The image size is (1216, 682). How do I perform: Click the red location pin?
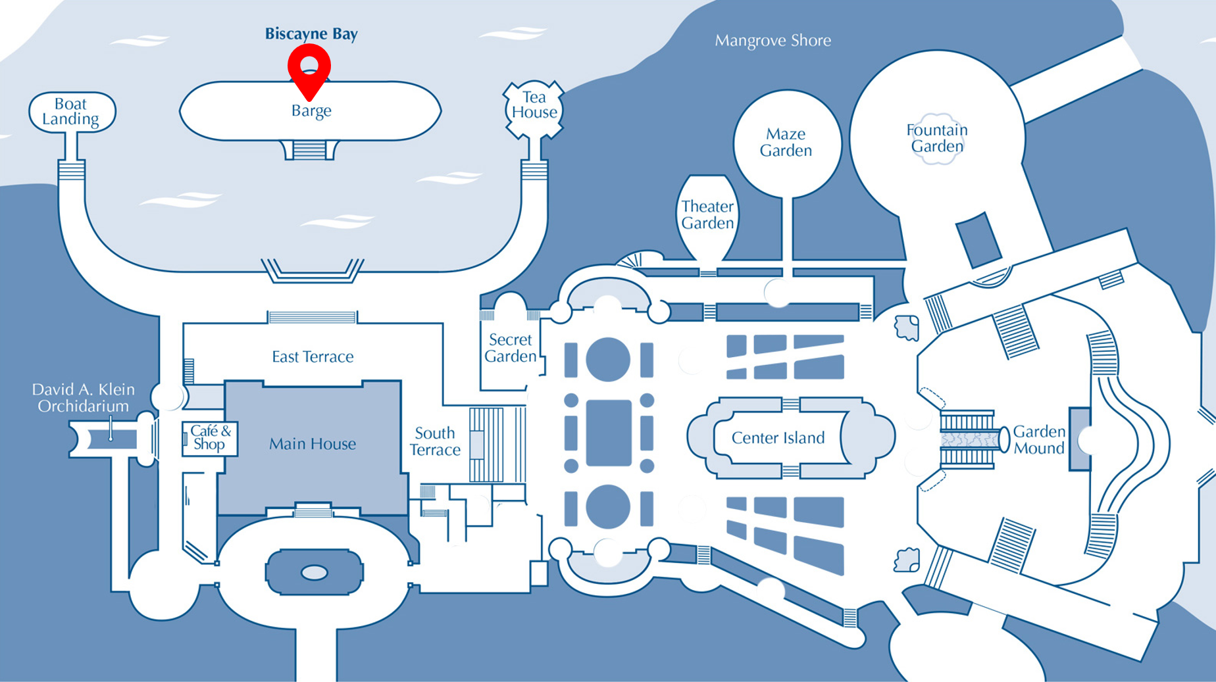tap(309, 70)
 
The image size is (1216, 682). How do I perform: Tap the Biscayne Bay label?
tap(311, 34)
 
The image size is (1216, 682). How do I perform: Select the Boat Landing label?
tap(71, 112)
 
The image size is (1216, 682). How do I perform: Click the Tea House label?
tap(534, 105)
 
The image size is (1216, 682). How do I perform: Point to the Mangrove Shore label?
tap(773, 41)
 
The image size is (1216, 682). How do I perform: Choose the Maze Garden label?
tap(786, 142)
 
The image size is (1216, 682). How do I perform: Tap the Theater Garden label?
tap(707, 214)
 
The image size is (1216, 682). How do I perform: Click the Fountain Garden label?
tap(937, 138)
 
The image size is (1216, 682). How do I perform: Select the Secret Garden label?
tap(511, 348)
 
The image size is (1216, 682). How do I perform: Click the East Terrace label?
tap(313, 356)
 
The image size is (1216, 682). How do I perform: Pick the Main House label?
tap(313, 444)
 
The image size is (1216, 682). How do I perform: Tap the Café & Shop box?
tap(210, 438)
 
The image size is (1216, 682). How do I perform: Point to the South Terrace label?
tap(435, 441)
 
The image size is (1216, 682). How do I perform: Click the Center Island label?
tap(778, 438)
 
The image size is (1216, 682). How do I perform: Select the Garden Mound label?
tap(1038, 440)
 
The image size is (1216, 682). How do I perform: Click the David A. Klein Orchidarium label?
tap(84, 398)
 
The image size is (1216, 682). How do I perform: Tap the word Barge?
tap(311, 110)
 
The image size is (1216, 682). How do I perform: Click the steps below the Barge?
tap(310, 151)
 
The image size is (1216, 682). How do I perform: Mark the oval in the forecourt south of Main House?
tap(314, 573)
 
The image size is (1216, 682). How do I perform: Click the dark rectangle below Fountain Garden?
tap(978, 239)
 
